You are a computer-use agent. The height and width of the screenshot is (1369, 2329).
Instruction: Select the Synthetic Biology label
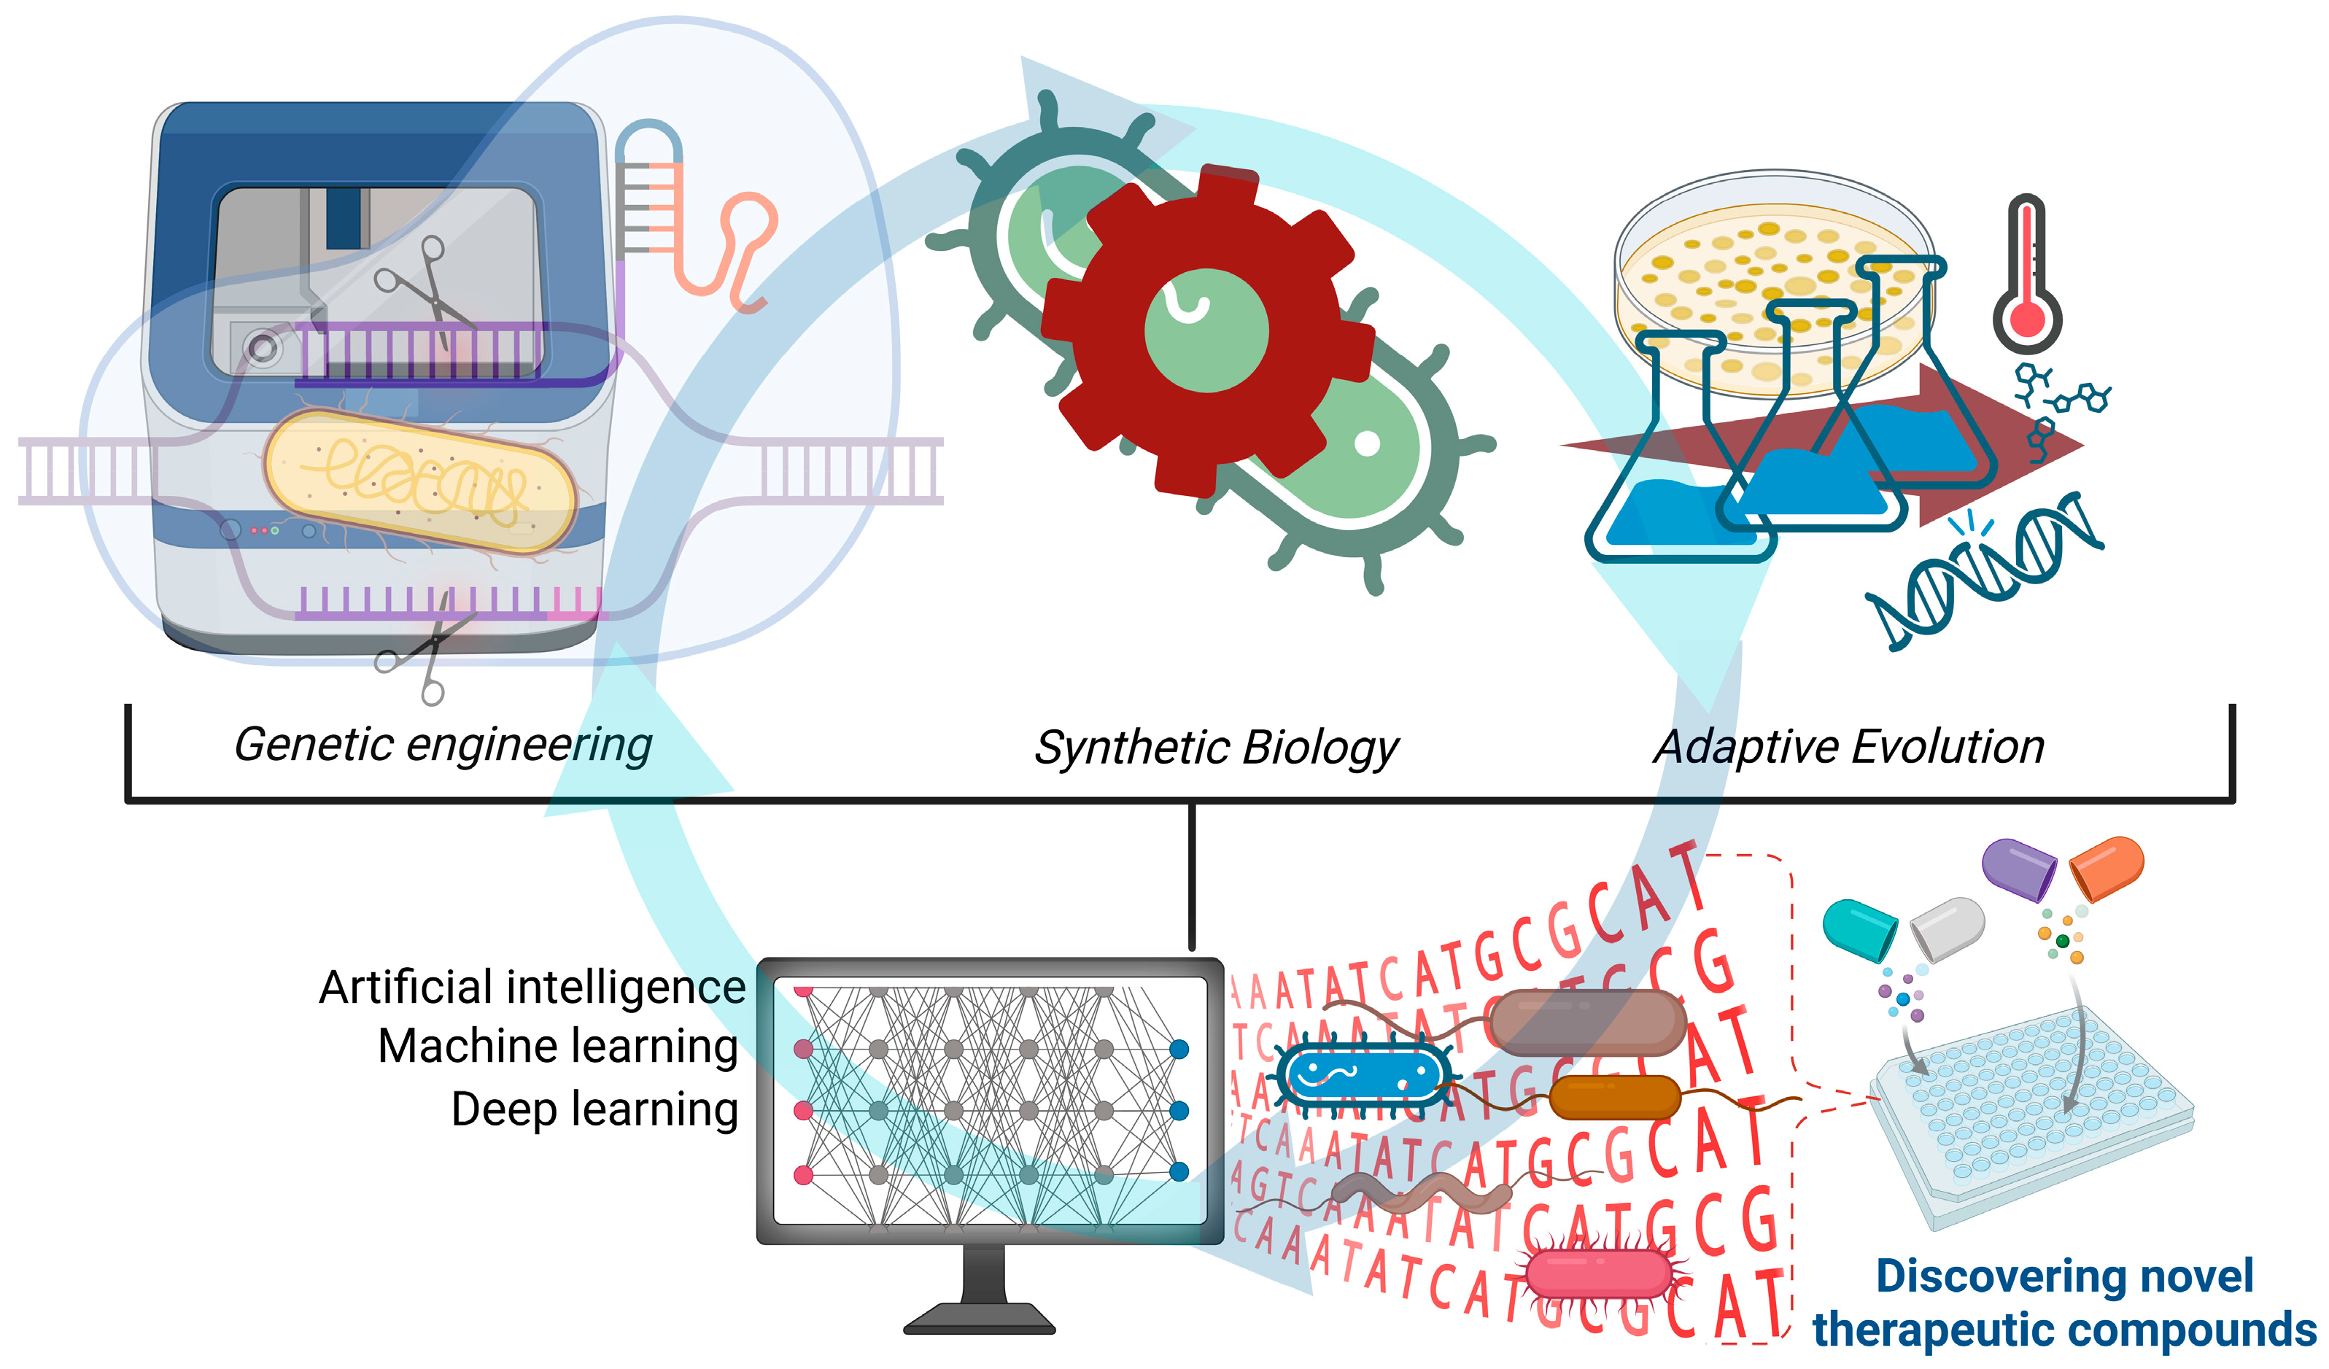pos(1216,747)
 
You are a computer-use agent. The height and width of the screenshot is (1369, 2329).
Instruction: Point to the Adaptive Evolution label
pos(1848,747)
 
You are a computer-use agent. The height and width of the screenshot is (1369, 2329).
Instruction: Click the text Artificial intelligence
pos(532,988)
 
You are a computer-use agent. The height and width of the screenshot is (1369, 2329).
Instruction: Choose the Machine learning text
pos(558,1047)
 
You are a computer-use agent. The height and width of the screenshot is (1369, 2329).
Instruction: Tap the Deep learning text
pos(594,1109)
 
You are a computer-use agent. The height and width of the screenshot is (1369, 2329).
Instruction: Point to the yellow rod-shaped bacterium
pos(421,481)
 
